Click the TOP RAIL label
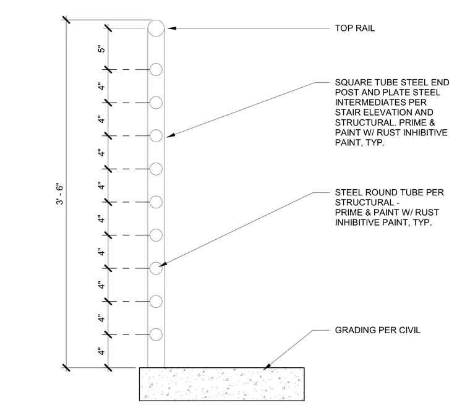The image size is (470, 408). coord(354,28)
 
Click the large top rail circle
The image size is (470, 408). coord(156,20)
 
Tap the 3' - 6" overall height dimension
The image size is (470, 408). coord(59,194)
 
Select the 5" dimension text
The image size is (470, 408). coord(101,49)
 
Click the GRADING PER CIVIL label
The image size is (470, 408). coord(378,330)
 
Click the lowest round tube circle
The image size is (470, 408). coord(156,328)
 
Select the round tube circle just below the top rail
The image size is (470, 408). coord(156,64)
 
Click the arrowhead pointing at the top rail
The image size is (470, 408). coord(171,28)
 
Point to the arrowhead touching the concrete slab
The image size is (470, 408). coord(267,366)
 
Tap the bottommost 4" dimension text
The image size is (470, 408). coord(101,351)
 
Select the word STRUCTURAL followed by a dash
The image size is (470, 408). coord(367,202)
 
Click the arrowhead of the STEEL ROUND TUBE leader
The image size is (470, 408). coord(163,264)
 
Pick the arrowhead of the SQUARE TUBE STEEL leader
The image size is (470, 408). coord(171,136)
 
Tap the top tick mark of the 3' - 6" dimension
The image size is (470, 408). coord(66,20)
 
